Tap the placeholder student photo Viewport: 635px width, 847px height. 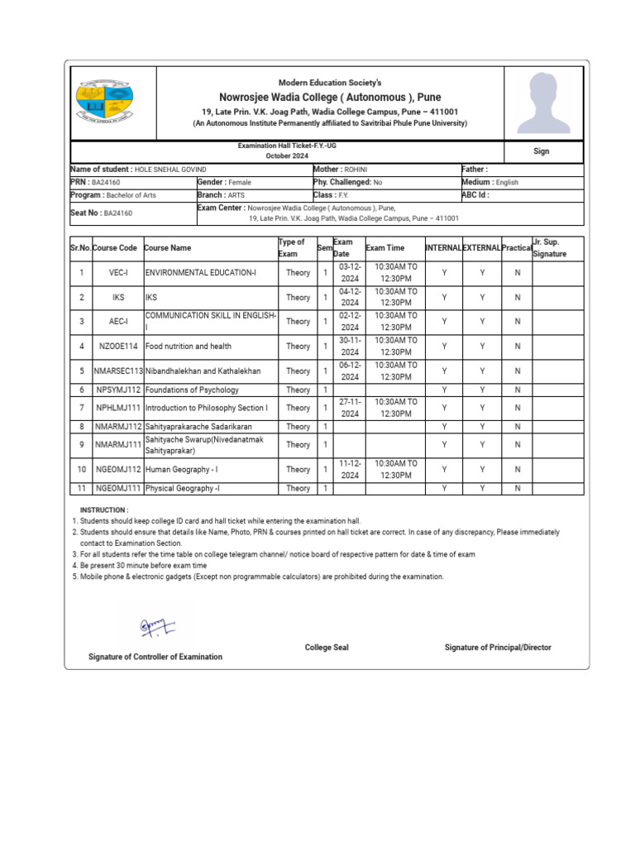click(543, 103)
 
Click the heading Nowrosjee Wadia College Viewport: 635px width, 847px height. click(330, 97)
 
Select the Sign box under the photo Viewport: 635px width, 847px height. click(542, 152)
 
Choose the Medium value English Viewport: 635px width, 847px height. click(507, 182)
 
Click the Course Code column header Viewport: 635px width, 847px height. click(116, 248)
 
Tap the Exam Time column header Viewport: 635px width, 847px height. click(385, 248)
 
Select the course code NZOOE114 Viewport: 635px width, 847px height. click(117, 347)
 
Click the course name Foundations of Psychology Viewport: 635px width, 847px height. click(193, 390)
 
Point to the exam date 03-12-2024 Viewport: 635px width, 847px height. click(351, 273)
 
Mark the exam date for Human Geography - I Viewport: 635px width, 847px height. click(351, 470)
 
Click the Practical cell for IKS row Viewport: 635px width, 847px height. click(518, 298)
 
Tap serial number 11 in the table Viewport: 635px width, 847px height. click(81, 489)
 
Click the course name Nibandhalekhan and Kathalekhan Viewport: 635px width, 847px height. click(203, 371)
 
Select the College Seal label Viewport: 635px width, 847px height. click(327, 648)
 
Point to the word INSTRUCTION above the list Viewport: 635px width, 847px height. click(103, 510)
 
